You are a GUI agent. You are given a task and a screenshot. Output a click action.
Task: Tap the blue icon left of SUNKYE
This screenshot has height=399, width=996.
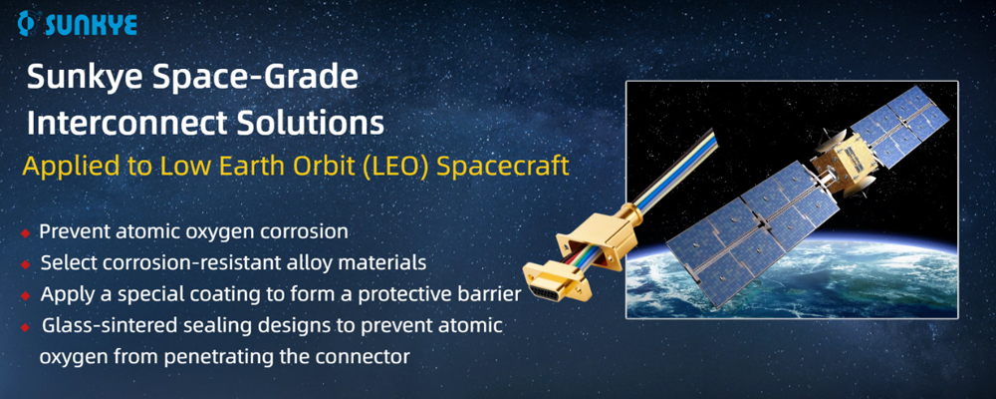click(x=29, y=24)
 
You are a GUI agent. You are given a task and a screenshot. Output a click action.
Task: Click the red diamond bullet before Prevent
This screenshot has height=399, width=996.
click(x=25, y=233)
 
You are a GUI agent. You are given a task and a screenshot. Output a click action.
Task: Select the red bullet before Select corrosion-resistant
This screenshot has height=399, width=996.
click(x=25, y=265)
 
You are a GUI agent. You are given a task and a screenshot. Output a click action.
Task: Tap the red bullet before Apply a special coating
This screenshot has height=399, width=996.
click(x=25, y=296)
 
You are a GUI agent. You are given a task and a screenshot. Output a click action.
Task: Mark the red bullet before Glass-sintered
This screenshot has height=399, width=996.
click(x=25, y=327)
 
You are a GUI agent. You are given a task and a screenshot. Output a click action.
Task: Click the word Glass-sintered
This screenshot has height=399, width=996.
click(x=105, y=326)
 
